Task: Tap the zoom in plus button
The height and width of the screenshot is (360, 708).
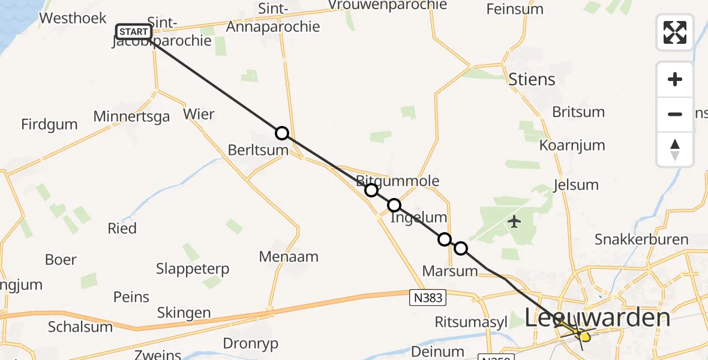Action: point(675,79)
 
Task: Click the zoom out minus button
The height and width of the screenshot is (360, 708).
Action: point(675,114)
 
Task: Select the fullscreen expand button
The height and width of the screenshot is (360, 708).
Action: point(675,32)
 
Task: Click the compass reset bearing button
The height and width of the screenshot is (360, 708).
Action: point(675,149)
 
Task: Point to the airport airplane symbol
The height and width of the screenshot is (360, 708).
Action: point(514,222)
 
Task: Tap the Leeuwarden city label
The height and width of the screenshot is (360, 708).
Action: point(597,318)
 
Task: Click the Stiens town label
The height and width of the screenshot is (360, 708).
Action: point(532,79)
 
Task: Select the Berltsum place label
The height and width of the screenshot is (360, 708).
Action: point(258,150)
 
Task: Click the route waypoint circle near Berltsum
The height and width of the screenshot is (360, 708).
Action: point(282,133)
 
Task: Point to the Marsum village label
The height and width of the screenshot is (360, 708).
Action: point(450,271)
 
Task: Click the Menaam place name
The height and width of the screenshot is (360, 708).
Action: point(289,257)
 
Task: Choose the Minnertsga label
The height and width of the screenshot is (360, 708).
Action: point(131,116)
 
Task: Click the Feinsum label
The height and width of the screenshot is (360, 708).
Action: point(515,9)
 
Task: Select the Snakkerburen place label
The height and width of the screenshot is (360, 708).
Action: point(641,239)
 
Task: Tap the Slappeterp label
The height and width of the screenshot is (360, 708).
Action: point(193,269)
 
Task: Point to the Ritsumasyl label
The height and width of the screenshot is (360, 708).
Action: point(471,322)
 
